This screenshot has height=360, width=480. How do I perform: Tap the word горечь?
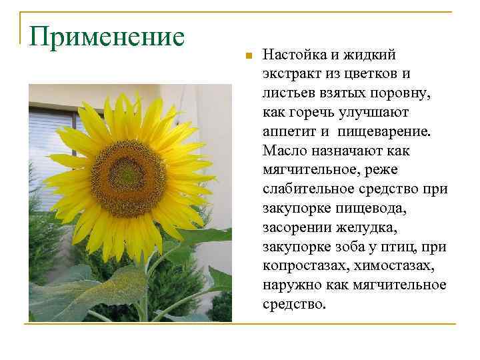pyautogui.click(x=313, y=112)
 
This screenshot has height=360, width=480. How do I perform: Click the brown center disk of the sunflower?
pyautogui.click(x=128, y=177)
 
